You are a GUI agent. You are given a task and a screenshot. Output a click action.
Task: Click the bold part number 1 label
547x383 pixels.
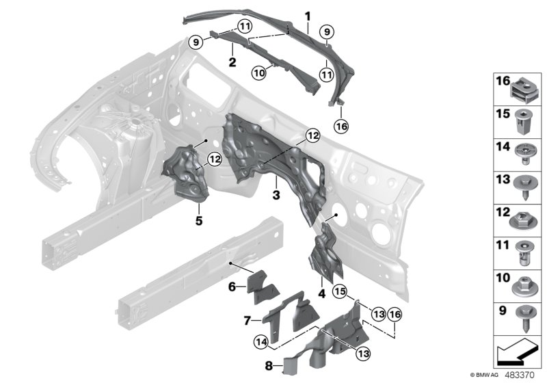[x=308, y=15]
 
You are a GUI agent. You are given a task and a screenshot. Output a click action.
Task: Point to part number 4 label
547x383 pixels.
[x=321, y=295]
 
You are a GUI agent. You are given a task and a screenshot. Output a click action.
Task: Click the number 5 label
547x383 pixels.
[x=198, y=221]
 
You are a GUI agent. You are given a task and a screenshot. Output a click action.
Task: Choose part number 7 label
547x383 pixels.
[x=247, y=319]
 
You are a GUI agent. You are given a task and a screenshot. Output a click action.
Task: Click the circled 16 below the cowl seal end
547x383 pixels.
[x=341, y=125]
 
